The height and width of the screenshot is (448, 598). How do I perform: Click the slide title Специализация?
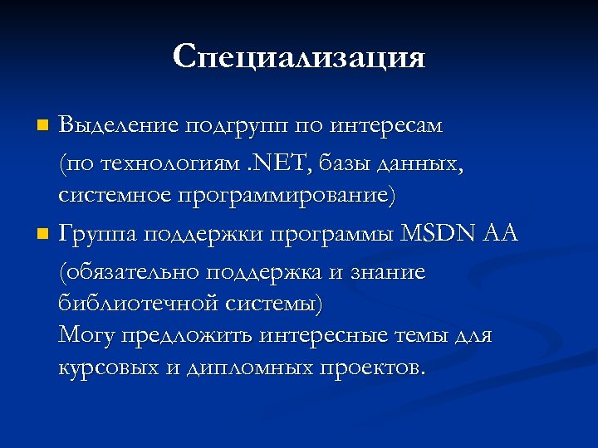coord(299,56)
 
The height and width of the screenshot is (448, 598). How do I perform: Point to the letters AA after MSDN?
coord(500,234)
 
